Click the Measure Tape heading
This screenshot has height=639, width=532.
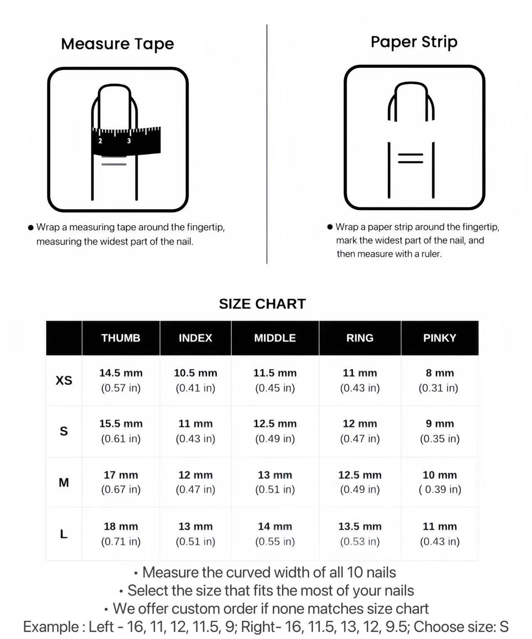(117, 44)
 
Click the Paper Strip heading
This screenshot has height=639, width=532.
(414, 42)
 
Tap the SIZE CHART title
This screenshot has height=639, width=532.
(262, 304)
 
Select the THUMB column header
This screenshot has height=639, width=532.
(121, 338)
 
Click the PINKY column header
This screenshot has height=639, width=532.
(440, 338)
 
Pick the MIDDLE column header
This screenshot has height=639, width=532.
(275, 338)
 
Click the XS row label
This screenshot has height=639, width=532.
(64, 380)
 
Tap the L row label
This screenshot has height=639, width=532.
(64, 534)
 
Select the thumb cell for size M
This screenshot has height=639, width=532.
(121, 482)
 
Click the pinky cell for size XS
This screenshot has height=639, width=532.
(439, 380)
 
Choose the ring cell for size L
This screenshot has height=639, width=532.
(360, 534)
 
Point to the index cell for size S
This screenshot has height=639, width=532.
(195, 431)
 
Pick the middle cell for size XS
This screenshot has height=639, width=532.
(275, 380)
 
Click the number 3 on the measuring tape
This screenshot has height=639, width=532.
(129, 141)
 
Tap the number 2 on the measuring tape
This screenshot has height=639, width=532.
(100, 141)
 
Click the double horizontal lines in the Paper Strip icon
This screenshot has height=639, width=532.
(411, 158)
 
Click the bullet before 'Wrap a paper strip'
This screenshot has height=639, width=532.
(330, 227)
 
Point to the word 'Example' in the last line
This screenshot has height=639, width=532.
(51, 627)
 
